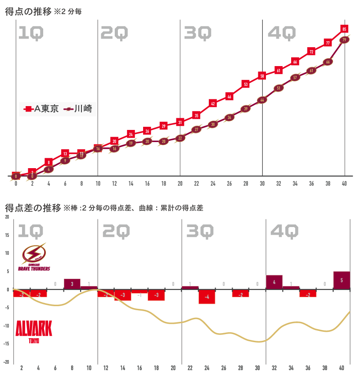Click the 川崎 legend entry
[x=79, y=109]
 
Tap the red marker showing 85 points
[x=344, y=29]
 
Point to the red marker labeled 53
[x=246, y=84]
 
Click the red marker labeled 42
[x=213, y=103]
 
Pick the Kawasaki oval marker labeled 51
[x=279, y=88]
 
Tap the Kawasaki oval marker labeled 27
[x=196, y=129]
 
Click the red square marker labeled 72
[x=311, y=52]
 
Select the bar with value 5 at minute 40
[x=342, y=281]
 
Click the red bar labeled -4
[x=207, y=297]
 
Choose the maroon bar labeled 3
[x=72, y=284]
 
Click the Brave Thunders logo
[x=34, y=257]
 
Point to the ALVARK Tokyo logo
[x=34, y=330]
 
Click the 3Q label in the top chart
[x=198, y=33]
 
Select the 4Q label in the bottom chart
[x=284, y=232]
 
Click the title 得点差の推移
[x=33, y=208]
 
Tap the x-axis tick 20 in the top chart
[x=180, y=183]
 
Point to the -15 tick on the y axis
[x=7, y=344]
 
